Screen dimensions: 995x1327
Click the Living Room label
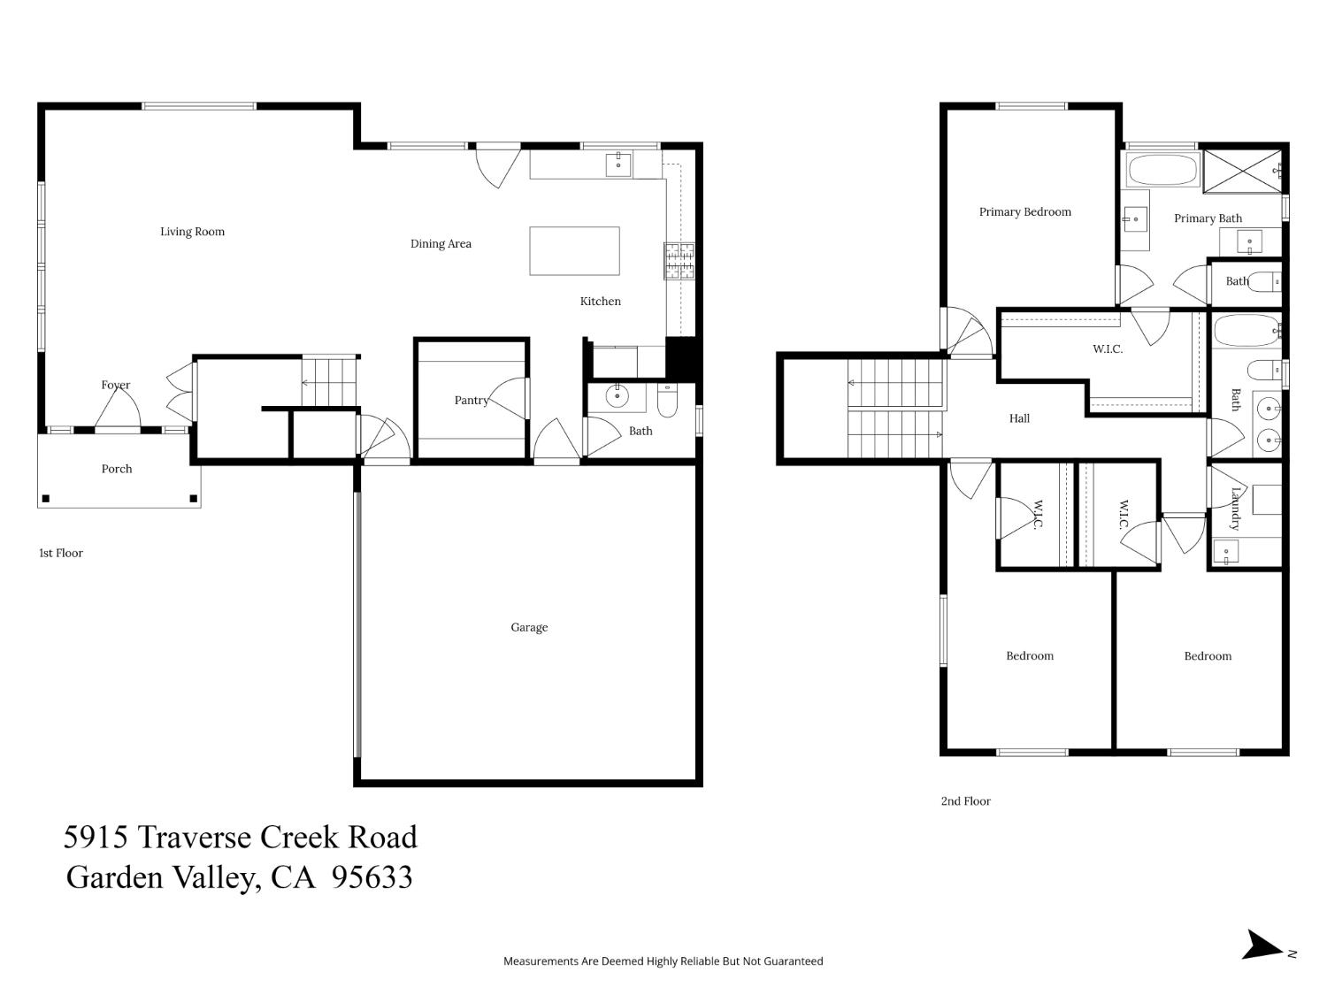(x=192, y=232)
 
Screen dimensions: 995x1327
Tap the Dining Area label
(x=441, y=244)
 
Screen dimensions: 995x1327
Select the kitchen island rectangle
(x=574, y=251)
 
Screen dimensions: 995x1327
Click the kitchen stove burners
(x=679, y=261)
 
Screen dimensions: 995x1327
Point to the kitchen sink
(x=618, y=164)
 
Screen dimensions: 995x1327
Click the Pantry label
(x=472, y=401)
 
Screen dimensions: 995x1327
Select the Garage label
(x=529, y=628)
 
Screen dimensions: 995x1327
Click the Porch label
(x=117, y=470)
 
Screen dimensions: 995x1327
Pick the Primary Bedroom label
(x=1024, y=212)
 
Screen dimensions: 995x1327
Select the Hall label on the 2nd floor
(x=1019, y=419)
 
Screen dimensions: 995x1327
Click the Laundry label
(x=1235, y=508)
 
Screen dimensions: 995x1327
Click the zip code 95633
(x=372, y=877)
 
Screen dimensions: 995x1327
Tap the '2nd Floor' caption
(x=965, y=801)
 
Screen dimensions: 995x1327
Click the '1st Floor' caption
(x=61, y=554)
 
